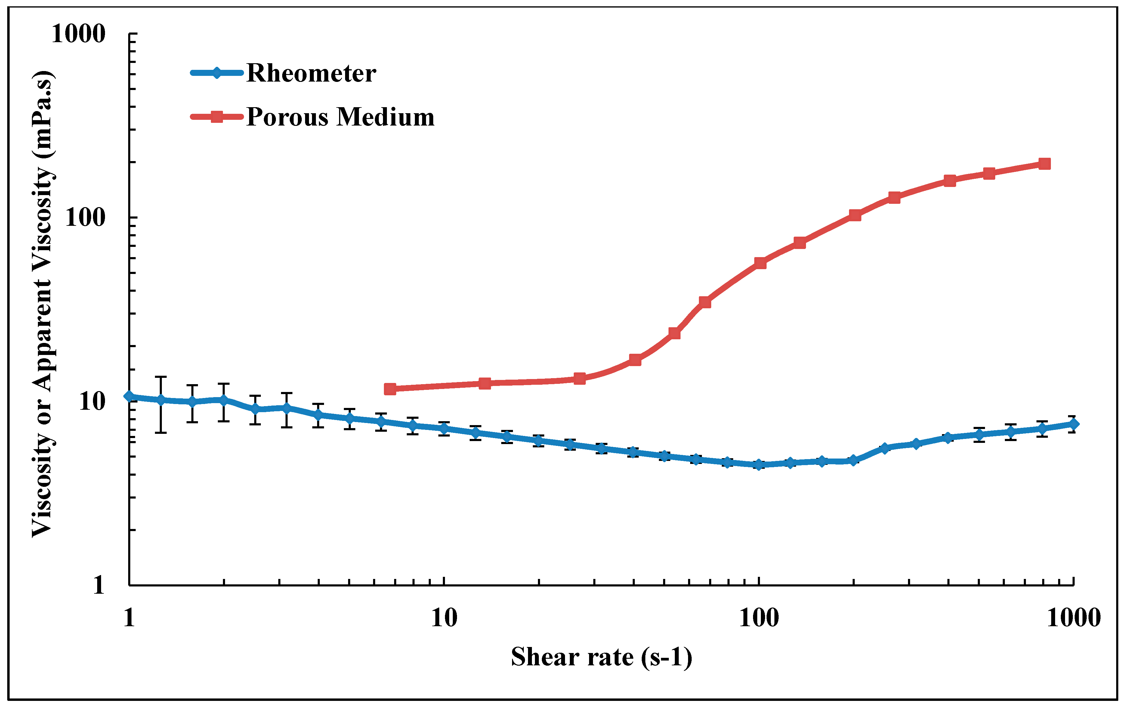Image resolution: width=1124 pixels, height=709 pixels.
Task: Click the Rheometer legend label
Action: click(x=311, y=73)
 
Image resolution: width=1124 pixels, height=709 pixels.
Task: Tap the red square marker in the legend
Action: click(x=217, y=117)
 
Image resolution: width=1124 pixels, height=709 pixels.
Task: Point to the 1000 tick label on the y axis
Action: click(x=79, y=34)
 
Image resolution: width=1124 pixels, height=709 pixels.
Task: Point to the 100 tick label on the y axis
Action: click(x=85, y=218)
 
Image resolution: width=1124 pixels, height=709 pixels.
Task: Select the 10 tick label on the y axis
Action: click(x=92, y=401)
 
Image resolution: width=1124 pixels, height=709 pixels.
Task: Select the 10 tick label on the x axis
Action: click(x=443, y=618)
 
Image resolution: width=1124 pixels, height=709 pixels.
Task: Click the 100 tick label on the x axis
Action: click(x=759, y=618)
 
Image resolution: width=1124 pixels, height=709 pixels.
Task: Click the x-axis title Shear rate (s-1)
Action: click(x=601, y=657)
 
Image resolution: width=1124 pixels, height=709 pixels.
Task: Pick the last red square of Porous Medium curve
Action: click(x=1045, y=163)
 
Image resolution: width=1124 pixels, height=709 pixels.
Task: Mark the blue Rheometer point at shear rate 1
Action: click(x=129, y=396)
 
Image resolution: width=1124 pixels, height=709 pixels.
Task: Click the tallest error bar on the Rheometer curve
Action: click(x=161, y=404)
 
